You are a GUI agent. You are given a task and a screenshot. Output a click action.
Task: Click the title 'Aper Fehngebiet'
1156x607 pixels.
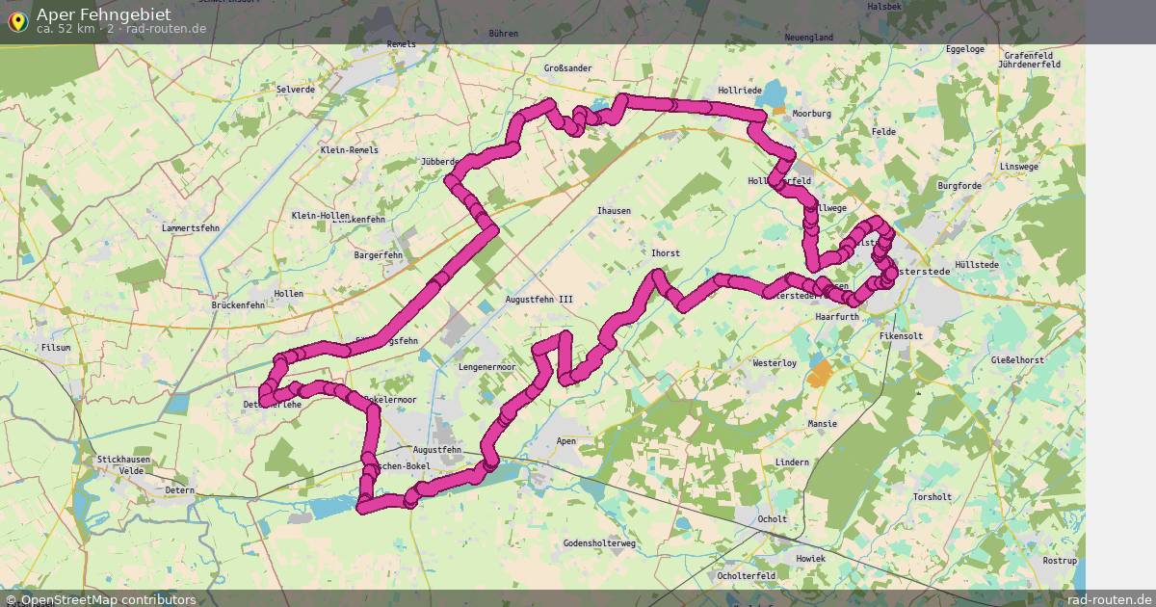(x=104, y=13)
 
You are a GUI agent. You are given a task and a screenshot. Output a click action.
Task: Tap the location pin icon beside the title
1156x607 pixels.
(x=16, y=20)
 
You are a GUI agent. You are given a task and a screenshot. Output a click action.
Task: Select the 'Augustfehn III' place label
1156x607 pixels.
(x=539, y=300)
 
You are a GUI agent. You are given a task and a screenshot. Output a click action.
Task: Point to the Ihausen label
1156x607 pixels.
(x=614, y=210)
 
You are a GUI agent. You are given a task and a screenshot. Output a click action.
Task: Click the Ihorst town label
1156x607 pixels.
(x=665, y=253)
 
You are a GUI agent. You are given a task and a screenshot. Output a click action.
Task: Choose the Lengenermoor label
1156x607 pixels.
(x=486, y=367)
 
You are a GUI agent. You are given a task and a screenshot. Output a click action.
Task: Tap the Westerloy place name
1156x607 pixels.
(x=774, y=363)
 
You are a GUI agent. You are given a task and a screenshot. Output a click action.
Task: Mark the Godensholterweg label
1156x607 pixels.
(x=599, y=543)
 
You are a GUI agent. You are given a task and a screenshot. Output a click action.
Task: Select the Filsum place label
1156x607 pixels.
(x=56, y=347)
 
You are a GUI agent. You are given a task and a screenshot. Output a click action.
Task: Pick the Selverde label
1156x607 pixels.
(x=295, y=89)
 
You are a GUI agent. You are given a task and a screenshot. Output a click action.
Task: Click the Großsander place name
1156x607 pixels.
(x=567, y=68)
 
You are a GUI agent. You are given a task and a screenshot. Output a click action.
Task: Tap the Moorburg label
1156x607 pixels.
(x=811, y=113)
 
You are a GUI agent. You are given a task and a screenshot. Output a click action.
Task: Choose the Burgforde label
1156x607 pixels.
(x=959, y=185)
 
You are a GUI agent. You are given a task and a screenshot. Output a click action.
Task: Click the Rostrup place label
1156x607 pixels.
(x=1060, y=560)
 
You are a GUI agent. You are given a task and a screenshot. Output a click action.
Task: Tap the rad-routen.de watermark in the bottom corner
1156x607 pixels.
(x=1109, y=599)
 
